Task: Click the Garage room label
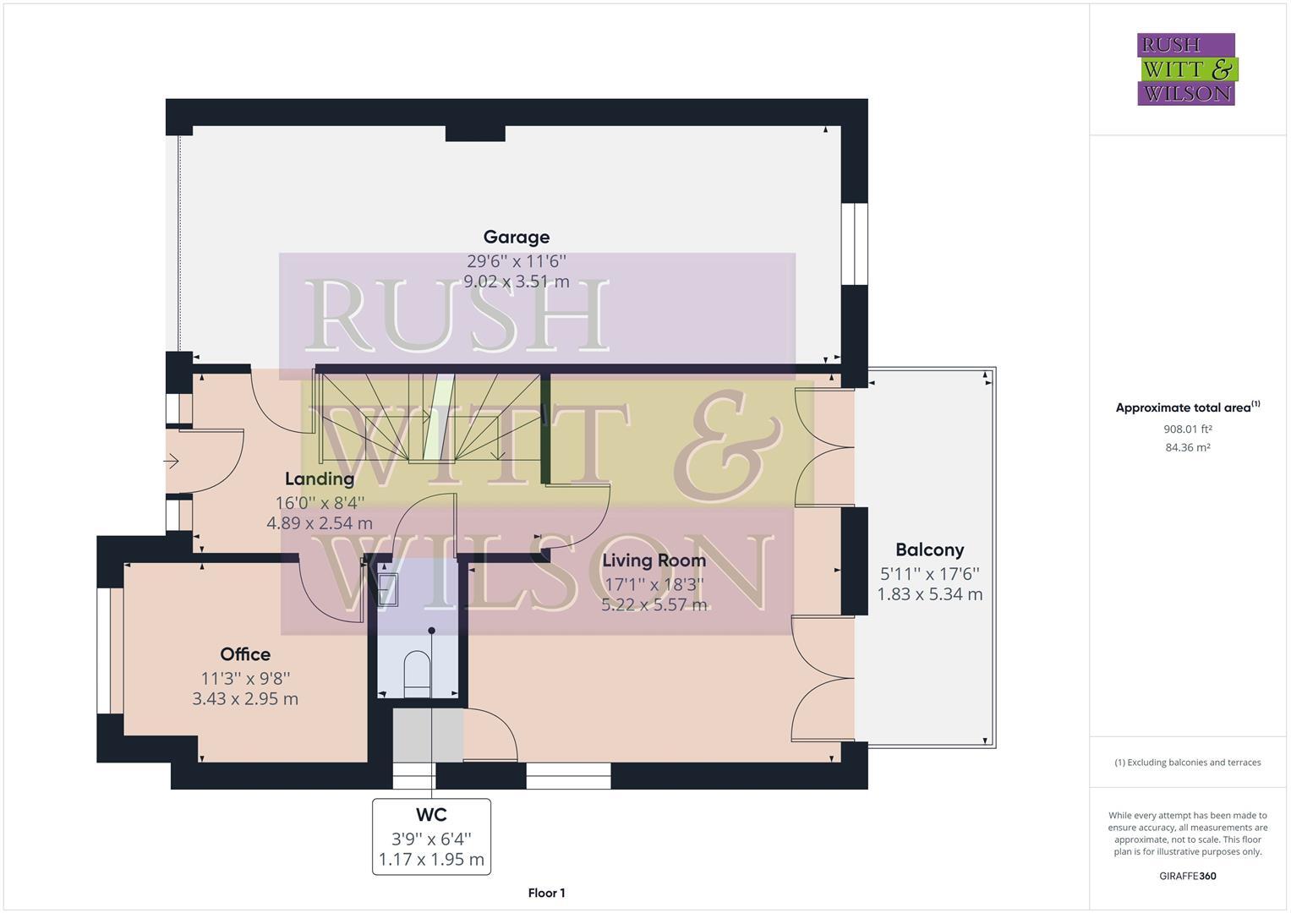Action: [516, 238]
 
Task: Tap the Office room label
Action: [245, 654]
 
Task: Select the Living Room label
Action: [654, 560]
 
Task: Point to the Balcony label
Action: [929, 550]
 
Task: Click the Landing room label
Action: [319, 479]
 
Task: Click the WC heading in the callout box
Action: [431, 816]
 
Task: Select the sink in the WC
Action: [388, 589]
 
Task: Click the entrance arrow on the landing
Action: [172, 462]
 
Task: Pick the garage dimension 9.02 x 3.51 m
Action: [516, 282]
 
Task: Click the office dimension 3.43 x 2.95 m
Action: [245, 699]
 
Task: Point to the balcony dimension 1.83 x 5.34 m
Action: [929, 594]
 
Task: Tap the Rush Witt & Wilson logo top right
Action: [1186, 69]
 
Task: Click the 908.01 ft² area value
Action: [1187, 429]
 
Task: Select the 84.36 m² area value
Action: [1187, 447]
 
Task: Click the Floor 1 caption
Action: [546, 893]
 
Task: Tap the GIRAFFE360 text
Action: [1187, 876]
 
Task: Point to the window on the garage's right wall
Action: [855, 243]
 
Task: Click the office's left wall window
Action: [104, 650]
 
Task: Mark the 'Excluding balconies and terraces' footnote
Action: [1187, 763]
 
